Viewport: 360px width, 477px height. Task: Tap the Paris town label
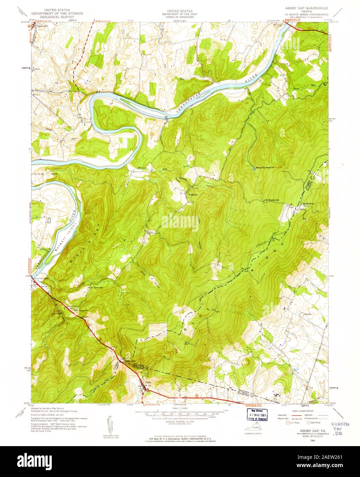(148, 382)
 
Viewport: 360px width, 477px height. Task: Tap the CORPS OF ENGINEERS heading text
(180, 16)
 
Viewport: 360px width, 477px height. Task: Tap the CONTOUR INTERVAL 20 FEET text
(180, 421)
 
